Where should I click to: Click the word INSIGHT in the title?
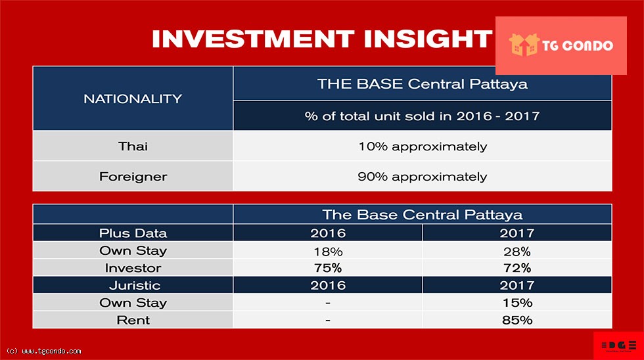click(x=428, y=39)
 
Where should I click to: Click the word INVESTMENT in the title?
click(x=253, y=39)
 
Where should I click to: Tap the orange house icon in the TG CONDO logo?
click(x=524, y=45)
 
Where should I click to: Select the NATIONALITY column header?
click(x=133, y=99)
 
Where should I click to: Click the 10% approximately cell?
click(x=423, y=146)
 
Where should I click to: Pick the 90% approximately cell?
click(x=423, y=177)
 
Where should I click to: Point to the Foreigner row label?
click(x=133, y=177)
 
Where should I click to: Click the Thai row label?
click(x=133, y=146)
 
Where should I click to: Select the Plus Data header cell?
click(x=133, y=233)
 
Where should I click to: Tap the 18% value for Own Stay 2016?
click(x=328, y=251)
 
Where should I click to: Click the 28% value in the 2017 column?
click(x=517, y=251)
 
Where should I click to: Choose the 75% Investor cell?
click(x=328, y=267)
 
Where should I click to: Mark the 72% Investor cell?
click(x=517, y=267)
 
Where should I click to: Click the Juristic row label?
click(x=135, y=285)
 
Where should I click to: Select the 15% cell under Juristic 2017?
click(x=518, y=303)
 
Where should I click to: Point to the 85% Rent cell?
click(x=517, y=320)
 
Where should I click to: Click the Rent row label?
click(x=133, y=320)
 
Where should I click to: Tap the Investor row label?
click(x=133, y=267)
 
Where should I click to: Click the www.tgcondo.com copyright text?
click(x=44, y=351)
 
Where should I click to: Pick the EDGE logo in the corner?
click(x=619, y=346)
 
